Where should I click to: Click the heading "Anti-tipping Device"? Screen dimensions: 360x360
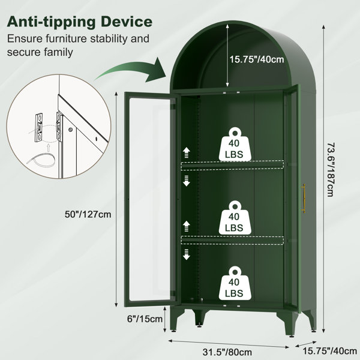pos(80,22)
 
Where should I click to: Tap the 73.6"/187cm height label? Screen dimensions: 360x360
pos(331,170)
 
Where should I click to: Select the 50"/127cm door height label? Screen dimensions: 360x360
pos(88,214)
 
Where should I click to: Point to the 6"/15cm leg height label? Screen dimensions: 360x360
pos(145,319)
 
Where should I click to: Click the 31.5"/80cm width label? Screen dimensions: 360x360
pos(227,352)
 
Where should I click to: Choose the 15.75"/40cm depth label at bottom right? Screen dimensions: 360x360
pos(329,351)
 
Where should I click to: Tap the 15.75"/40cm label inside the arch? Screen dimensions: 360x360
pos(257,59)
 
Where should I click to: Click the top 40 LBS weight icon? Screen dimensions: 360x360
pos(235,144)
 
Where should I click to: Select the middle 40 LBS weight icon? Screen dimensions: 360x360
pos(235,218)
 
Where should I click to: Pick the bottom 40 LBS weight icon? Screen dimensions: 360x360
pos(235,283)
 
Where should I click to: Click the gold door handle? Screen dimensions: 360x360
pos(304,199)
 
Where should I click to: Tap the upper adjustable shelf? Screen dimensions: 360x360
pos(232,166)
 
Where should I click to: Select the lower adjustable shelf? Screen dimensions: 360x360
pos(232,240)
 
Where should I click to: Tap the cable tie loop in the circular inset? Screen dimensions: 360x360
pos(41,159)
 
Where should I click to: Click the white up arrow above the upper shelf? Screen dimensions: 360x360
pos(187,152)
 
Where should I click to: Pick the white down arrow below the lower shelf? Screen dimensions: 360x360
pos(187,254)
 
